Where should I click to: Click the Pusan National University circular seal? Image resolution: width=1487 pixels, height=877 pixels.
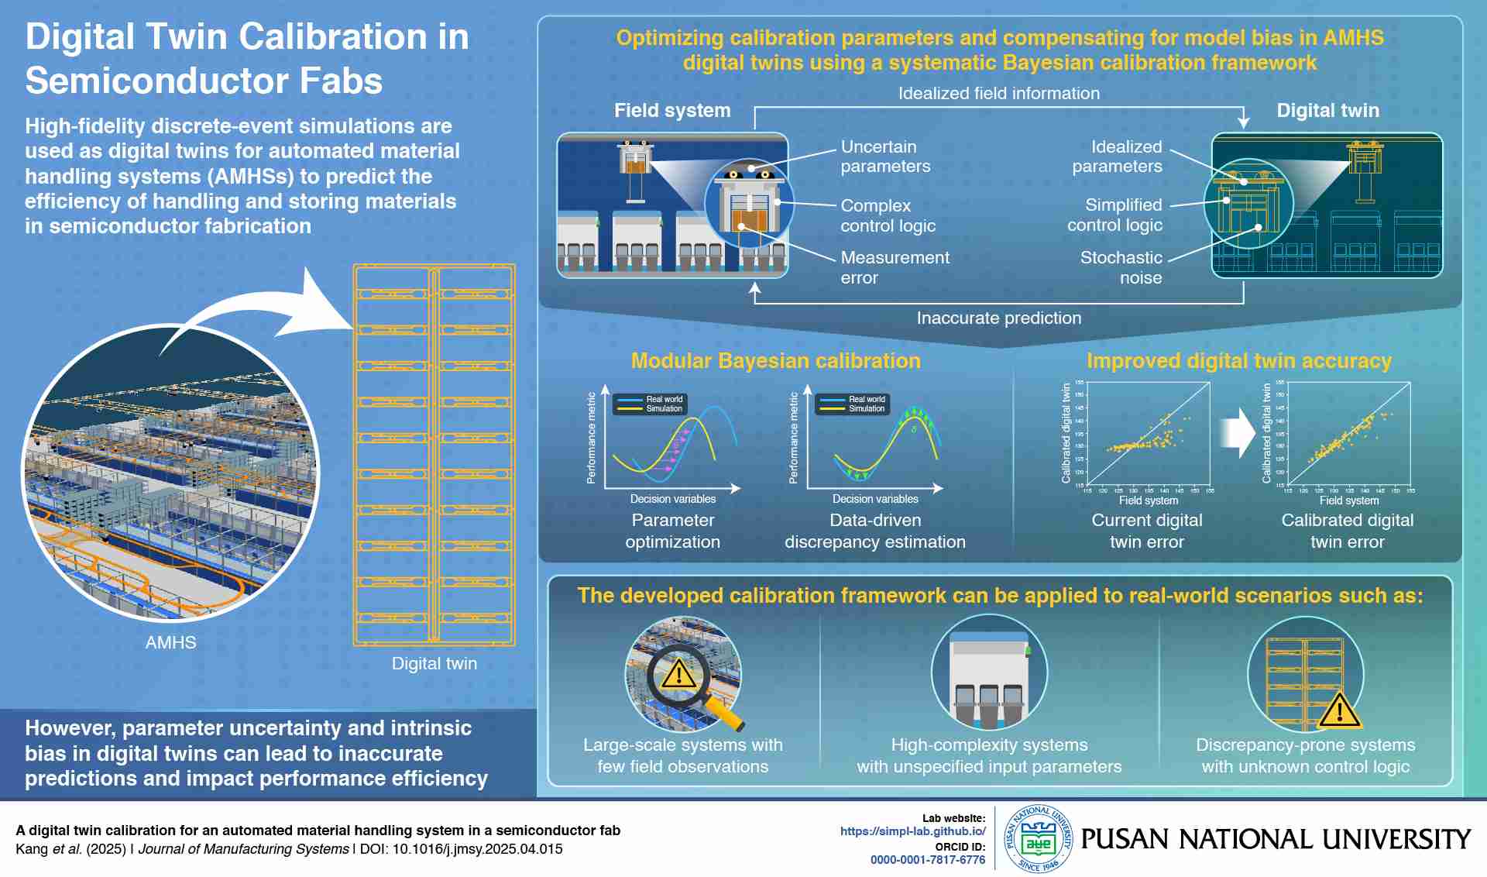[x=1038, y=839]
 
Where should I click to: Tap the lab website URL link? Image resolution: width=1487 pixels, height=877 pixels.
[x=912, y=831]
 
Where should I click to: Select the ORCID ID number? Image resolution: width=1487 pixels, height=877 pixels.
[x=927, y=860]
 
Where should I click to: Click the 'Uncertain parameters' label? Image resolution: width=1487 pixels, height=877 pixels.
[x=884, y=156]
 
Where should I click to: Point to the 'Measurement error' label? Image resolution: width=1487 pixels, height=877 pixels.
[x=894, y=267]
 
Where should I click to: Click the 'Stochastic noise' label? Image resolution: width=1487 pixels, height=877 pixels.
[x=1122, y=267]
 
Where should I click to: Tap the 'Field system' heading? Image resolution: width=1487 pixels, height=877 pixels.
[x=671, y=111]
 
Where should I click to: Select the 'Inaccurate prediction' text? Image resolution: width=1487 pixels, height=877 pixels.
[x=998, y=318]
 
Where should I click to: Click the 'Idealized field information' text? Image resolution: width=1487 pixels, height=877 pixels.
[x=998, y=94]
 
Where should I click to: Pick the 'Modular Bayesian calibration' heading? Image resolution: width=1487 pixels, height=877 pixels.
[x=775, y=361]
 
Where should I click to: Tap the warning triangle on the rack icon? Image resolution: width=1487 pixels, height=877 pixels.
[x=1339, y=711]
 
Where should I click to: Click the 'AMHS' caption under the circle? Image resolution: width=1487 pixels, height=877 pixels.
[x=170, y=643]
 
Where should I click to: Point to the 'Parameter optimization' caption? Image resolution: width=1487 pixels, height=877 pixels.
[x=672, y=531]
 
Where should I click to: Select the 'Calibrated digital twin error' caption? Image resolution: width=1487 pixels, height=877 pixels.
[x=1347, y=531]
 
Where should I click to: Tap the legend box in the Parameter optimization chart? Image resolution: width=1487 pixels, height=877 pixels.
[x=649, y=404]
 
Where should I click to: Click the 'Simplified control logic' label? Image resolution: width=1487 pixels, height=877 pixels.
[x=1115, y=215]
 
